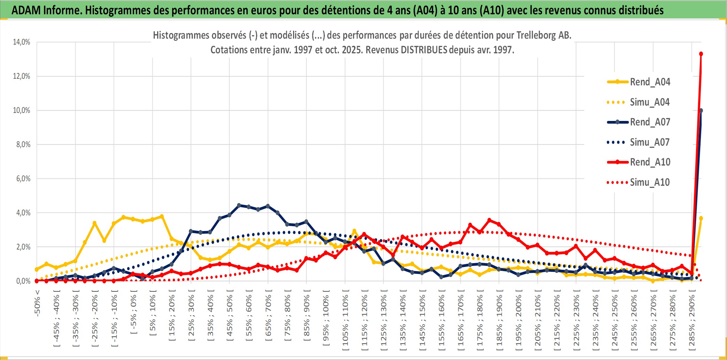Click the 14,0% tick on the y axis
tap(22, 42)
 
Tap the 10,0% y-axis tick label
tap(22, 110)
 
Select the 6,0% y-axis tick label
tap(23, 179)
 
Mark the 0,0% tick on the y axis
tap(23, 281)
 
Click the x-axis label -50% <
tap(37, 303)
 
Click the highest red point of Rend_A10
tap(701, 54)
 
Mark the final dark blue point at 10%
tap(701, 111)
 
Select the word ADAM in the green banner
tap(26, 10)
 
